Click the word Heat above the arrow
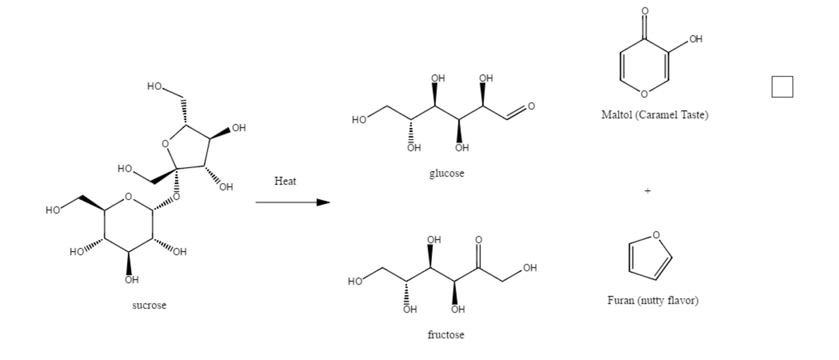click(x=285, y=181)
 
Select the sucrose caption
click(x=149, y=306)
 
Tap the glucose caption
click(x=446, y=174)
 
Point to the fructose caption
click(x=446, y=334)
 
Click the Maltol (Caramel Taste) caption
click(x=655, y=115)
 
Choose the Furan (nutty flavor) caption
click(x=653, y=300)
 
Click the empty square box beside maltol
click(x=782, y=87)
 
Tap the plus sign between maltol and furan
click(x=648, y=191)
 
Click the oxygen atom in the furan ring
click(x=656, y=235)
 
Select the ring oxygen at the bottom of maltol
click(x=644, y=94)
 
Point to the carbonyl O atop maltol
click(x=644, y=11)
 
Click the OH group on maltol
click(x=695, y=39)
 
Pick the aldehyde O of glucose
click(x=531, y=106)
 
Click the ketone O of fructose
click(x=478, y=240)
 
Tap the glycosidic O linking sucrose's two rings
click(x=176, y=197)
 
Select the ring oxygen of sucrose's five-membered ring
click(x=165, y=144)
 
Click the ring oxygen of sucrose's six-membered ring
click(x=128, y=197)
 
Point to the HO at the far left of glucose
click(x=359, y=120)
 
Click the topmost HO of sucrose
click(x=154, y=86)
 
